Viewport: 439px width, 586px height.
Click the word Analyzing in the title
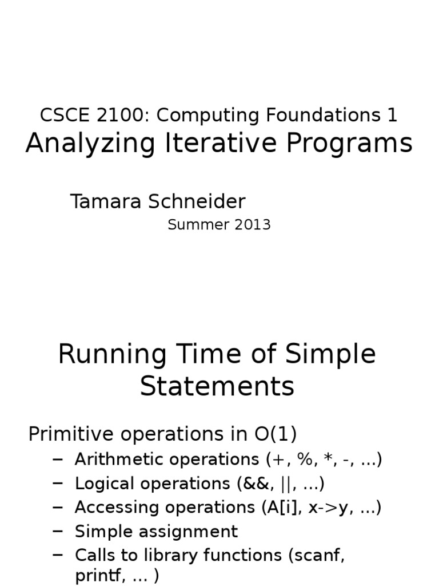pyautogui.click(x=90, y=144)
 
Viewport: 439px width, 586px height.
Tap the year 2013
pyautogui.click(x=250, y=225)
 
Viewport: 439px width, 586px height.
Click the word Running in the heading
pyautogui.click(x=111, y=355)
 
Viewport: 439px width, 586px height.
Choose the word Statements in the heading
pyautogui.click(x=217, y=386)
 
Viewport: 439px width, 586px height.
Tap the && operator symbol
pyautogui.click(x=254, y=484)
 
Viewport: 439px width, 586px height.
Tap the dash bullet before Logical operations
pyautogui.click(x=57, y=484)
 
